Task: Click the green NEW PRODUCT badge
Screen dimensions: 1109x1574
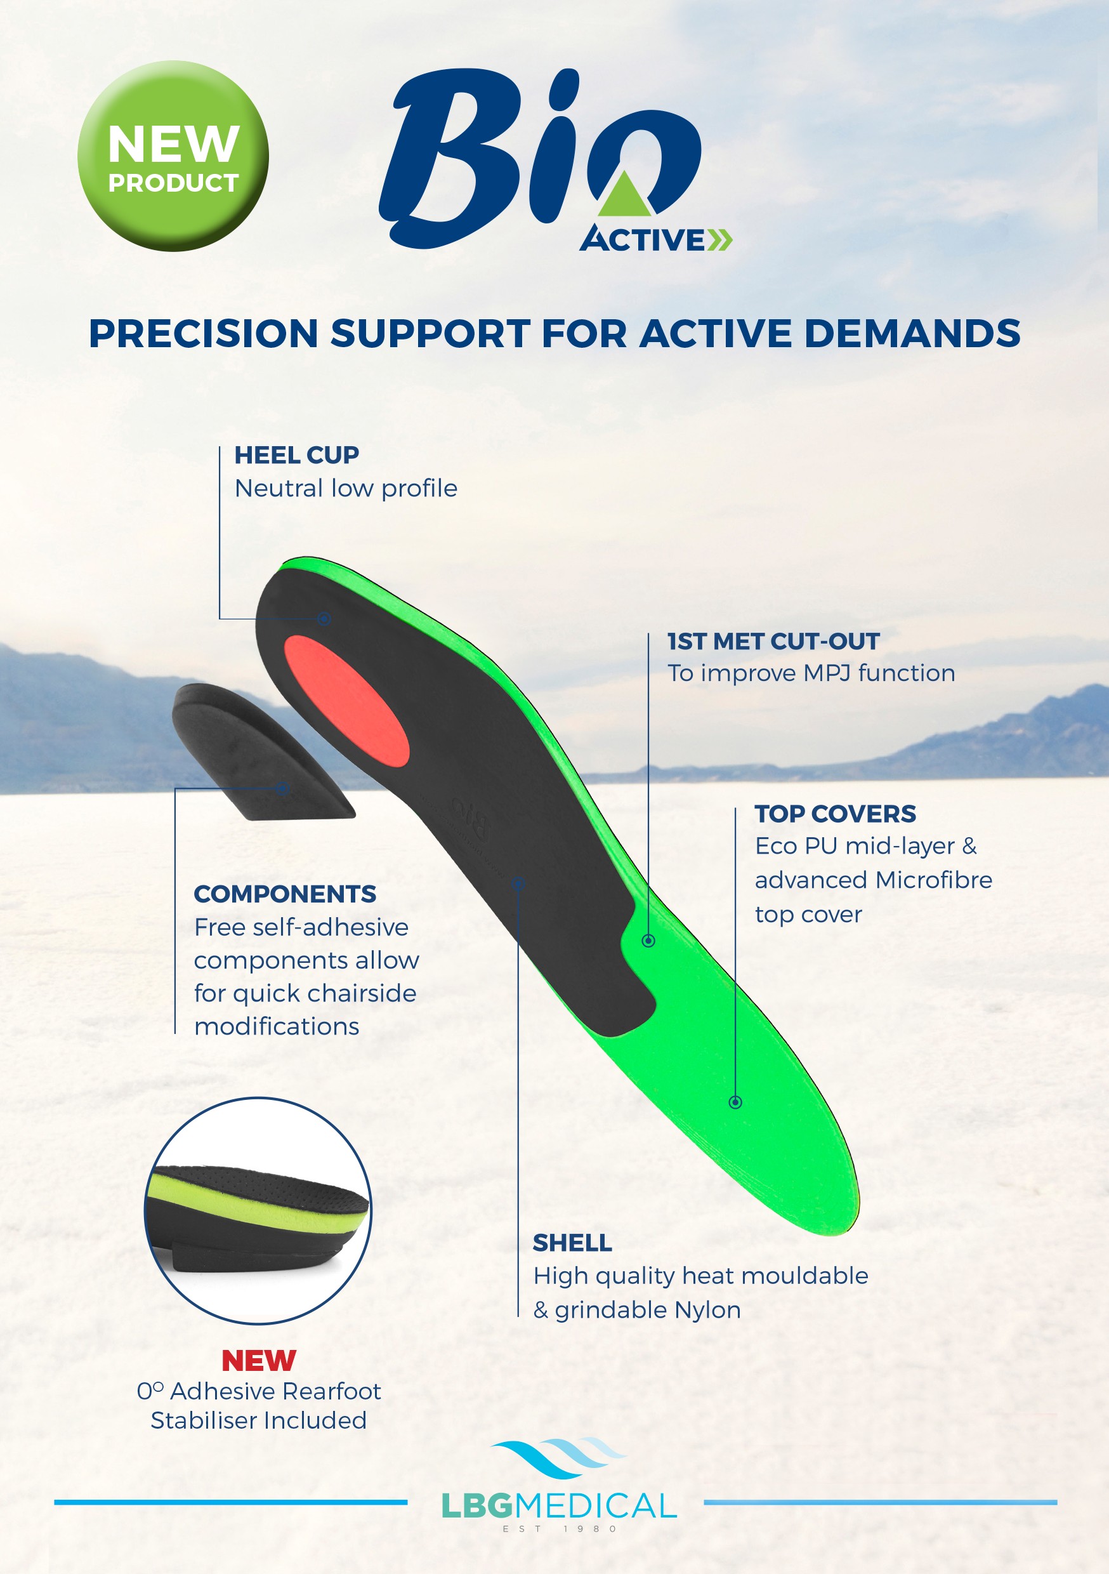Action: (173, 155)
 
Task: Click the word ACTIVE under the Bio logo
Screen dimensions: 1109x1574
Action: (643, 239)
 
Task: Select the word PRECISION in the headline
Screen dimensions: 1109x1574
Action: (203, 334)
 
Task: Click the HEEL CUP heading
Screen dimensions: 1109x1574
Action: (296, 455)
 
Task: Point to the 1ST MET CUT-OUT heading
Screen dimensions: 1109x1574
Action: (773, 641)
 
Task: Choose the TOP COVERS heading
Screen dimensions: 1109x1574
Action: (835, 814)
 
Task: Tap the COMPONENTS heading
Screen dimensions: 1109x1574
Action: (284, 894)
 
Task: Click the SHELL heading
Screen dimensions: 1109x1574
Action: (572, 1242)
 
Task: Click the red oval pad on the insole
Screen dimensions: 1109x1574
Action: (346, 700)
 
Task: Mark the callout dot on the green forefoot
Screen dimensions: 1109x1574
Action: (735, 1102)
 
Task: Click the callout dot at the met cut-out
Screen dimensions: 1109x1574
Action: (648, 941)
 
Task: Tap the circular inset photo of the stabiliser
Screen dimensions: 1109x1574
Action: (258, 1211)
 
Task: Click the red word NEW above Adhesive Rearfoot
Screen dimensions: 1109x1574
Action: (258, 1360)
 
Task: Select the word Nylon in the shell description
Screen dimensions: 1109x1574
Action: (707, 1310)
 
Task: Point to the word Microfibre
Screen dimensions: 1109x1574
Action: (933, 880)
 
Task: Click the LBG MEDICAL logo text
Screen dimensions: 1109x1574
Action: (558, 1505)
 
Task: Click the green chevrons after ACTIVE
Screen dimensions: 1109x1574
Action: (719, 240)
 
